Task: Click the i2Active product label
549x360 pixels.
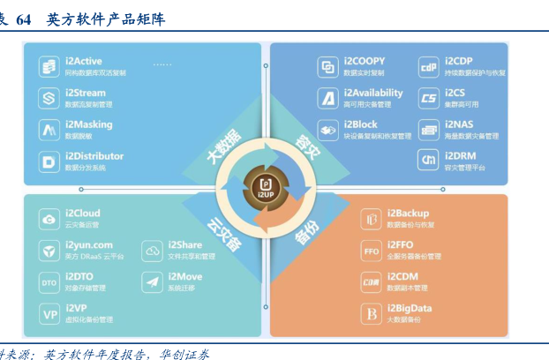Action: [x=84, y=61]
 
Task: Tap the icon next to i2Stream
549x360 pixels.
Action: [x=49, y=98]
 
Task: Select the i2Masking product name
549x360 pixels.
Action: [x=87, y=124]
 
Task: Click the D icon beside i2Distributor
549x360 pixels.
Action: [x=49, y=161]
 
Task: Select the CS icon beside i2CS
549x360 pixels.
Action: [x=429, y=98]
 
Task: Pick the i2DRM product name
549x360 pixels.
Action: [x=463, y=155]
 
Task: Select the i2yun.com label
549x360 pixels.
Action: [x=89, y=244]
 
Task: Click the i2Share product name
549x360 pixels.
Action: [x=185, y=244]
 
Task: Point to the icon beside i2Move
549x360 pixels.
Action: [x=152, y=281]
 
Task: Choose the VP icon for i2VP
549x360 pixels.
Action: [x=49, y=313]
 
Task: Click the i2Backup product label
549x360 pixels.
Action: [x=408, y=214]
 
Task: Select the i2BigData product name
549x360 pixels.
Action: [x=411, y=307]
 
